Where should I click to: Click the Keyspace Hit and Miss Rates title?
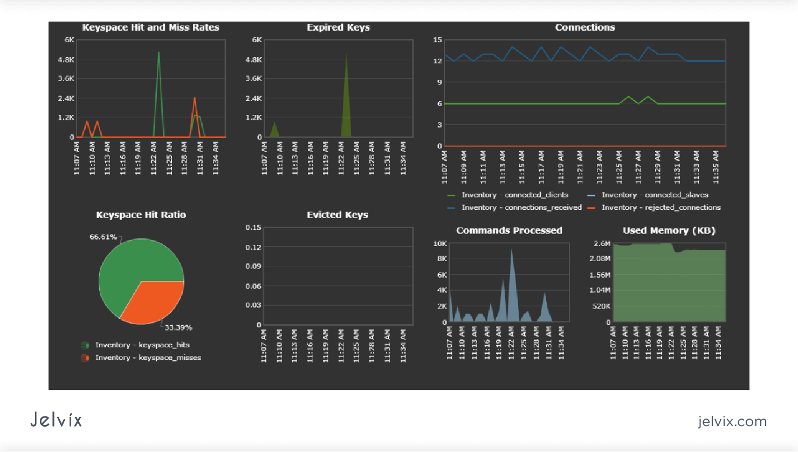[x=150, y=28]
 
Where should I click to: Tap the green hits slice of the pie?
[x=129, y=264]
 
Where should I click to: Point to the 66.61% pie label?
[x=103, y=237]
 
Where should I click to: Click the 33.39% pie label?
[x=178, y=327]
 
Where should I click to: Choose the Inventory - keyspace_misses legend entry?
[x=148, y=358]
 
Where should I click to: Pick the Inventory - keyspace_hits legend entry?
[x=142, y=345]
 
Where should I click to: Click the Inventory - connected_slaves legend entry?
[x=655, y=195]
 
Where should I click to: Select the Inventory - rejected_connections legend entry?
[x=661, y=208]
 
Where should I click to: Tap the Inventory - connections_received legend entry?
[x=521, y=208]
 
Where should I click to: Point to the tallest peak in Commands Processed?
[x=511, y=251]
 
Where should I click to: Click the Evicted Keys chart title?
[x=338, y=215]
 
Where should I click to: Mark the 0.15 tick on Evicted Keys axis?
[x=253, y=228]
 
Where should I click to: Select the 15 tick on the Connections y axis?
[x=437, y=40]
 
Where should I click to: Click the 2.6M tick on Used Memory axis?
[x=602, y=244]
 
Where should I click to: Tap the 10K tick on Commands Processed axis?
[x=440, y=244]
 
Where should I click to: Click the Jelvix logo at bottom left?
[x=56, y=420]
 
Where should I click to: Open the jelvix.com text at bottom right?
[x=732, y=421]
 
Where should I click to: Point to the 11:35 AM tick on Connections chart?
[x=716, y=167]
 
